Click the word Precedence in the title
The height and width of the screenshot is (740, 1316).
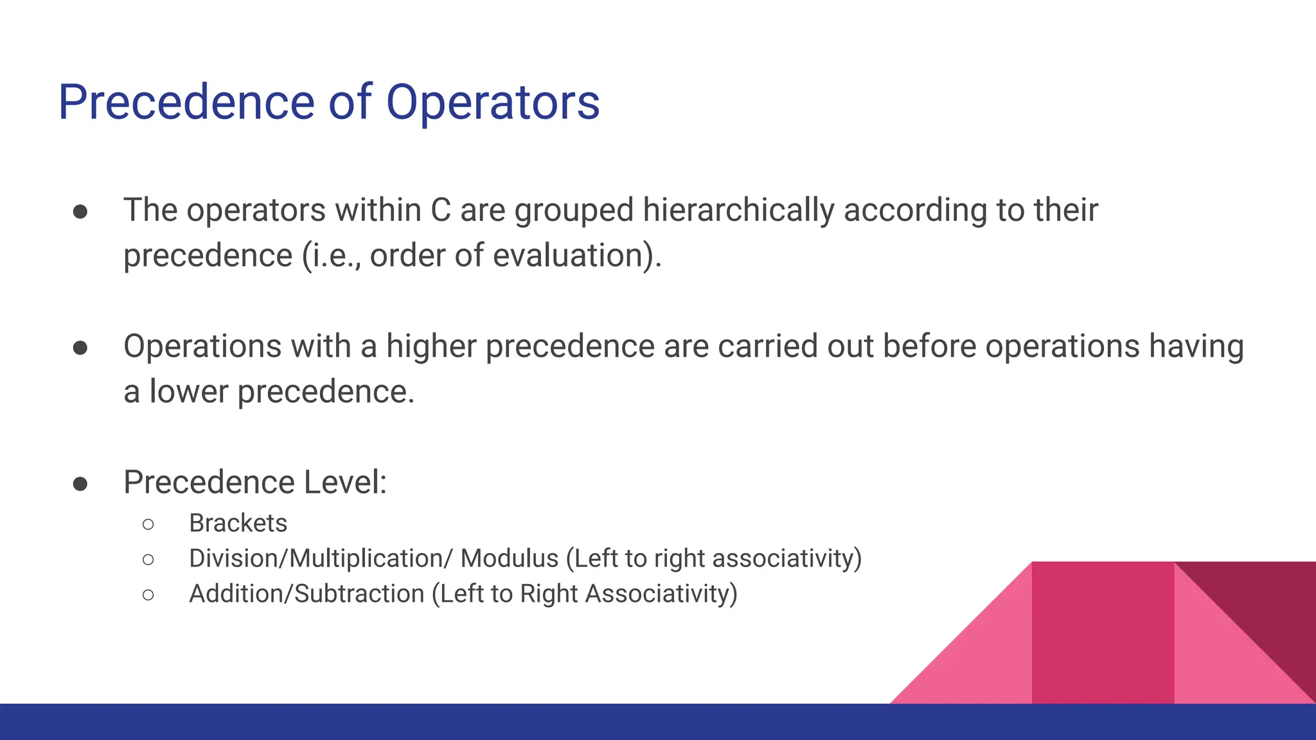(x=186, y=103)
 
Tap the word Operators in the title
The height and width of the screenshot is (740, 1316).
(x=492, y=103)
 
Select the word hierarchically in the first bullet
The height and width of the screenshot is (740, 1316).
(x=738, y=210)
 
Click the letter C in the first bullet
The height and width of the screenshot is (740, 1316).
(x=440, y=210)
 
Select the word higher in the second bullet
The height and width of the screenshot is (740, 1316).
(x=431, y=346)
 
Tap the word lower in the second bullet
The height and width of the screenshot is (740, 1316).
(x=188, y=392)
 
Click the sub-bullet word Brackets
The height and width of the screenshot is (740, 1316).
(x=238, y=524)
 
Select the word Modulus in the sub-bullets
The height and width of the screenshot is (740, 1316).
(x=510, y=559)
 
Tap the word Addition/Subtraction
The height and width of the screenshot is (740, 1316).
(x=307, y=594)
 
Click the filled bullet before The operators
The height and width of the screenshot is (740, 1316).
(x=80, y=212)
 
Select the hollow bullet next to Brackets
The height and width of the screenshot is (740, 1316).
(x=148, y=525)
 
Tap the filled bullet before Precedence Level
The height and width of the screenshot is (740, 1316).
(x=80, y=484)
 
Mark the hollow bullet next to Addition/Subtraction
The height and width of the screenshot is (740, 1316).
(x=148, y=595)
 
